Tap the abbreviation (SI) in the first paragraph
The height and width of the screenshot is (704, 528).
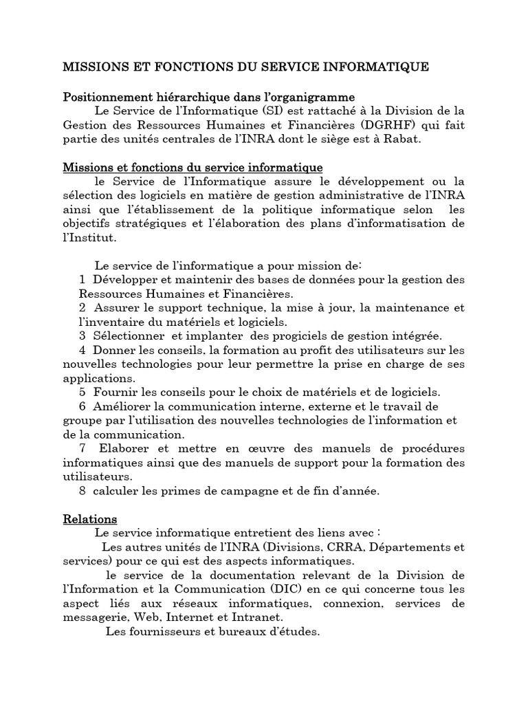274,110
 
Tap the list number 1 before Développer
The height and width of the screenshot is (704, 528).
82,280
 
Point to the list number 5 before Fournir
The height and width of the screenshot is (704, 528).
82,391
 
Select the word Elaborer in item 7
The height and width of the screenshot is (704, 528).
118,448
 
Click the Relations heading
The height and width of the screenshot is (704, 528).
90,518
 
